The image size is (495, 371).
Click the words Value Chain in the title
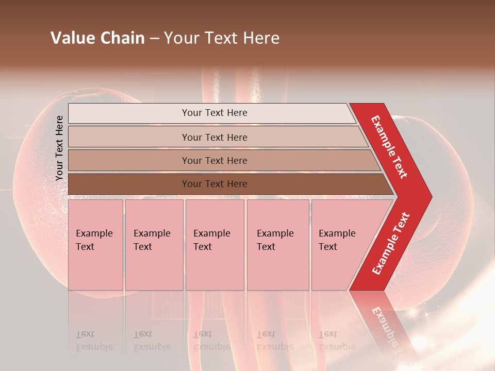pos(97,38)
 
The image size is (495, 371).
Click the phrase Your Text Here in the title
pos(222,38)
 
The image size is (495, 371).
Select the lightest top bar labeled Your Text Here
pos(214,113)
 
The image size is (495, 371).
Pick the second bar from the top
pos(214,137)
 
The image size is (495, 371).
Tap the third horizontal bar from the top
pos(214,160)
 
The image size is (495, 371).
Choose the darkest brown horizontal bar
pos(214,184)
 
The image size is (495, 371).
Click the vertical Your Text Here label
pos(59,148)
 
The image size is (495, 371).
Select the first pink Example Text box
pos(95,245)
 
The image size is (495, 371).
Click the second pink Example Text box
pos(154,245)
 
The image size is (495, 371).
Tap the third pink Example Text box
pos(214,245)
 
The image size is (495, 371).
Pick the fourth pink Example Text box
pos(277,245)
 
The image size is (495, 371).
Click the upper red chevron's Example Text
pos(389,147)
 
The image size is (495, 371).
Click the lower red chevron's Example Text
pos(391,243)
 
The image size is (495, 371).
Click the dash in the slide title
pos(154,39)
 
